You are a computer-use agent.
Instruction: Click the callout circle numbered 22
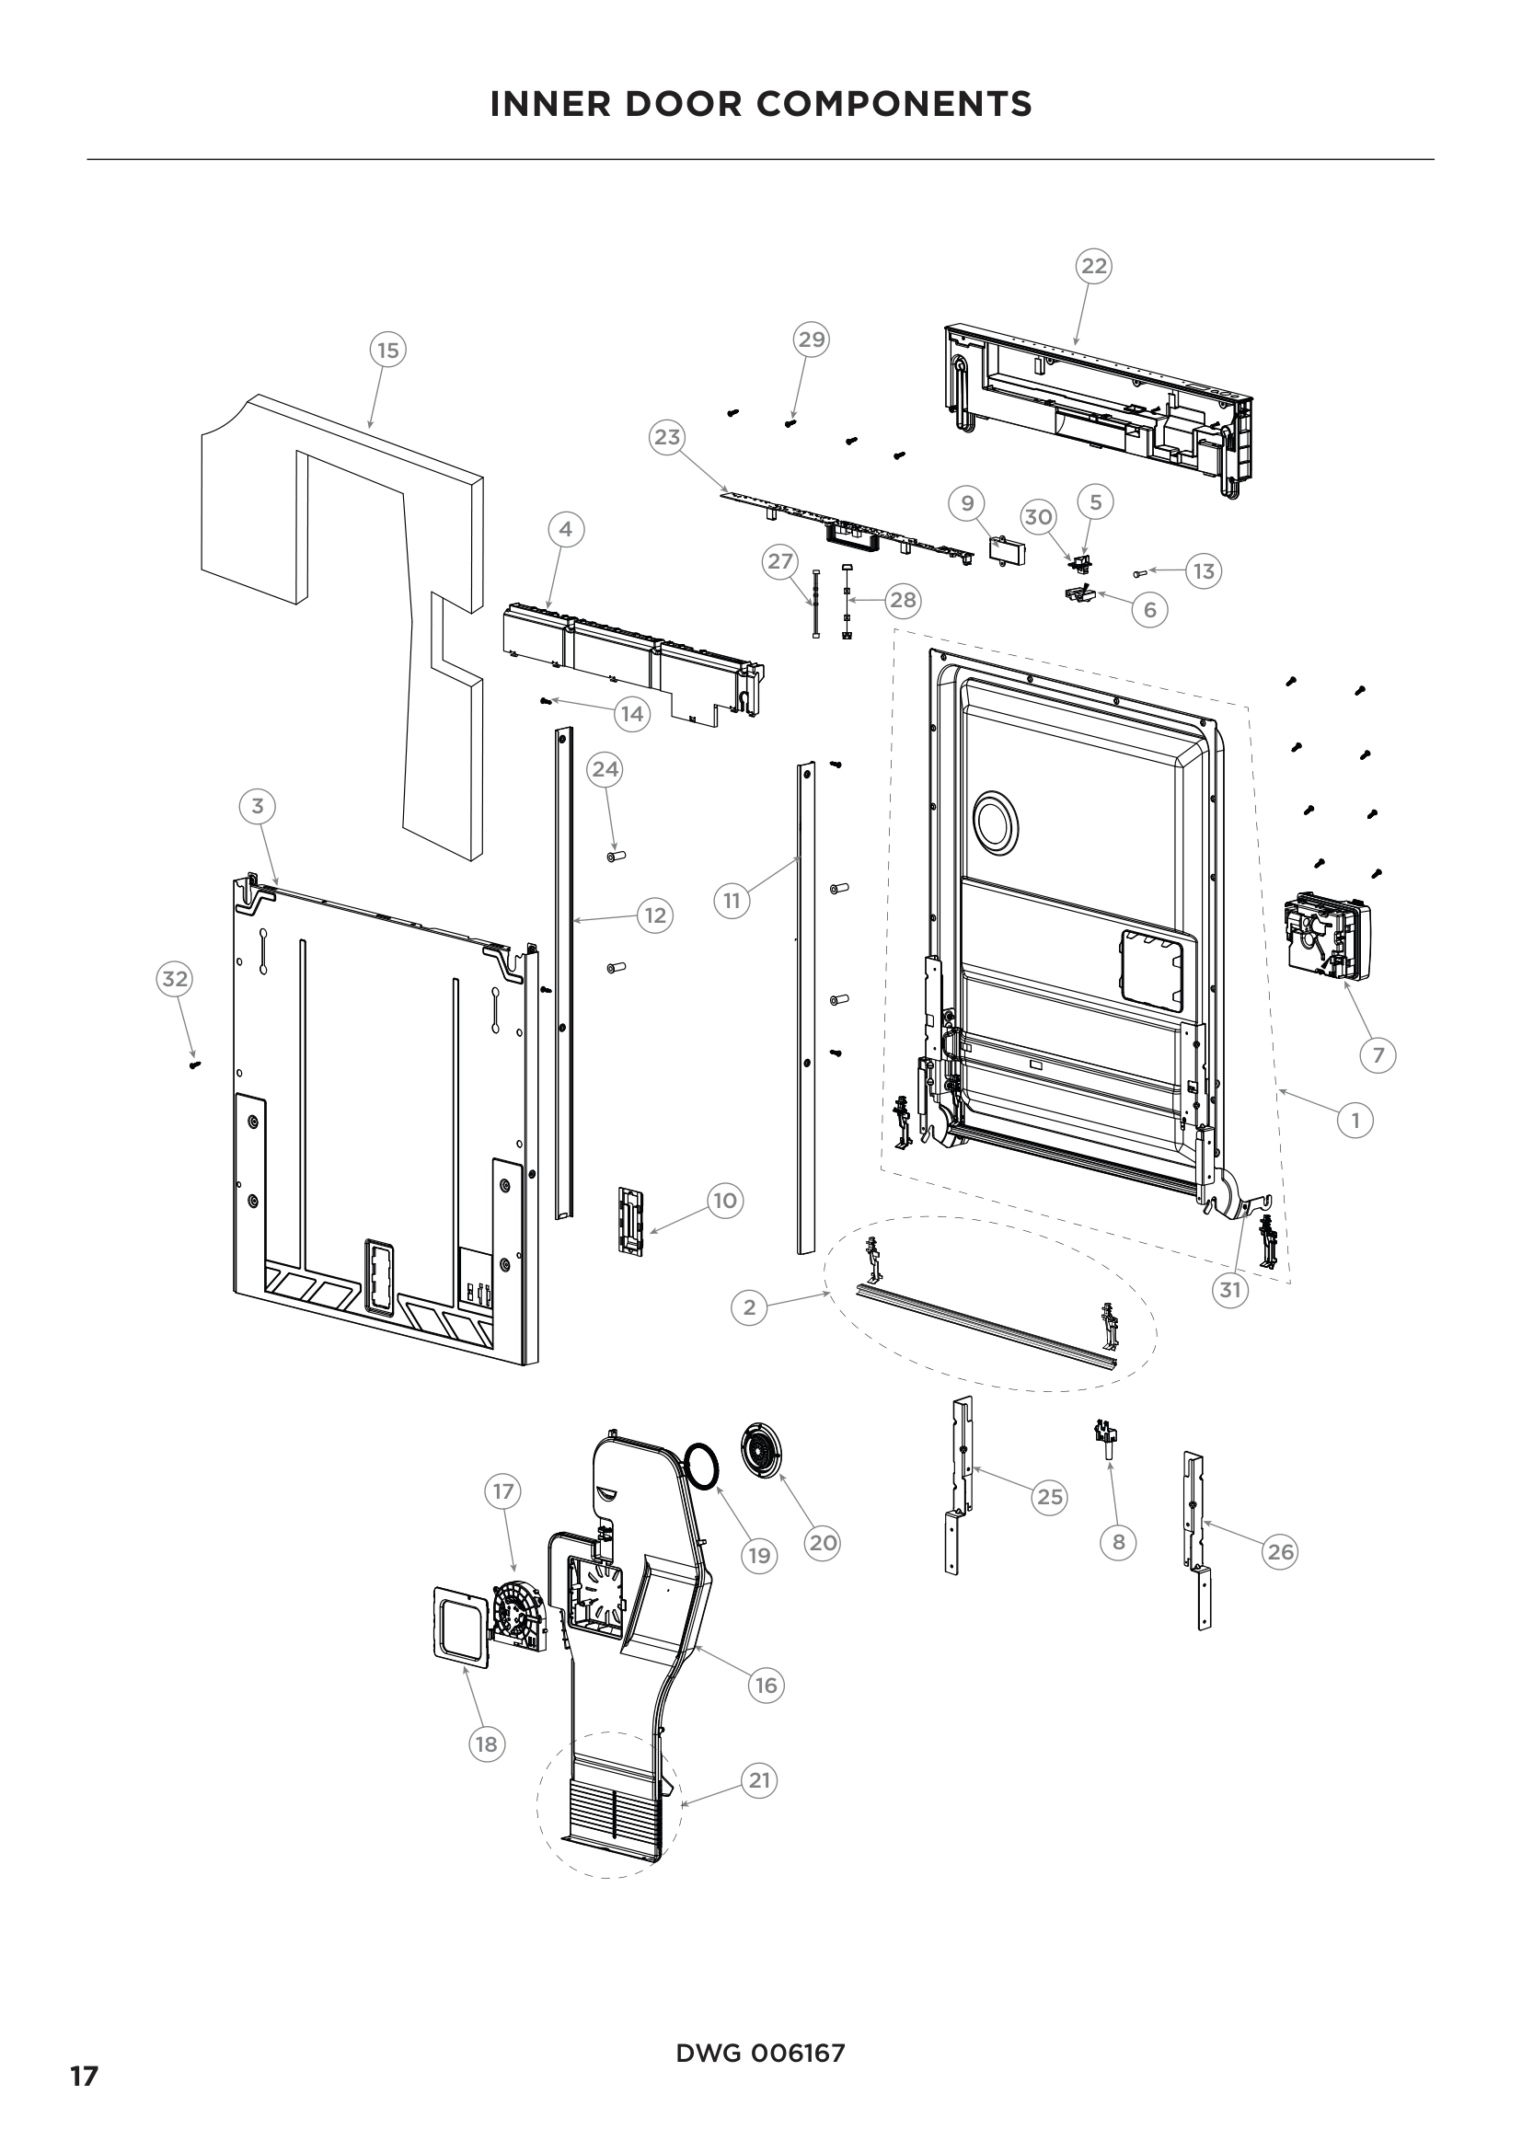click(x=1094, y=266)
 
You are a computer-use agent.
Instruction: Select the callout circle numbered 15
click(x=387, y=351)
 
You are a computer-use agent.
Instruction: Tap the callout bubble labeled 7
click(x=1378, y=1055)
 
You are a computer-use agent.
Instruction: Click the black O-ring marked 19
click(x=700, y=1466)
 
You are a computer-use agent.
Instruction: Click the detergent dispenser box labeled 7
click(x=1327, y=938)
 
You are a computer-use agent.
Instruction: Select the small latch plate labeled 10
click(x=631, y=1218)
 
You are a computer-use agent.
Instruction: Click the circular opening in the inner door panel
click(x=996, y=822)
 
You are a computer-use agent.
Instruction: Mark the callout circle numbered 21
click(x=759, y=1779)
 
